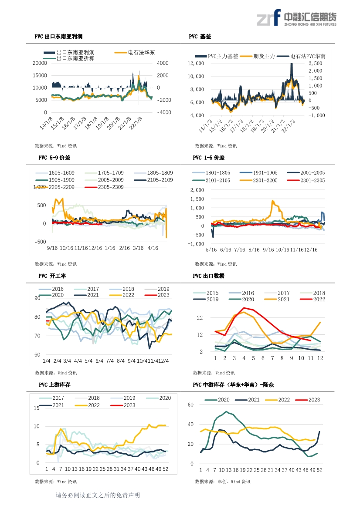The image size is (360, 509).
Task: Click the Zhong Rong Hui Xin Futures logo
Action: tap(296, 18)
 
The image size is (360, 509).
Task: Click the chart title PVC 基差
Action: tap(200, 37)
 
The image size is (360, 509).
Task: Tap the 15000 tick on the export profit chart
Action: tap(40, 75)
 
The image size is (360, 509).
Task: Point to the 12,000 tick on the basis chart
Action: tap(196, 63)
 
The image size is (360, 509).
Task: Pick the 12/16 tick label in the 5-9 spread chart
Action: tap(95, 248)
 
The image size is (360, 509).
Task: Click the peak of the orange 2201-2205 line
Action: tap(272, 201)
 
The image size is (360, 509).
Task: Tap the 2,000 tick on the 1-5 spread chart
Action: tap(197, 190)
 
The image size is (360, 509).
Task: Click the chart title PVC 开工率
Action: tap(52, 276)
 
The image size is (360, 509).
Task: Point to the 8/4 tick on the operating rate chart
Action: tap(121, 361)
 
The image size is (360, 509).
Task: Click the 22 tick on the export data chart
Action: tap(200, 318)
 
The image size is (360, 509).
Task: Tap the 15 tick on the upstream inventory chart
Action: tap(36, 408)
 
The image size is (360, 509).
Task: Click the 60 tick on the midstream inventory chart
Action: tap(190, 405)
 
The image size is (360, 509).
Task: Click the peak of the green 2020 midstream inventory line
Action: tap(227, 412)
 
